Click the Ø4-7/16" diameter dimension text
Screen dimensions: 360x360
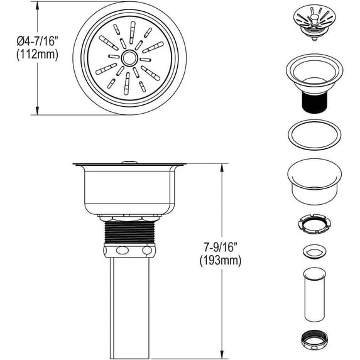pos(37,41)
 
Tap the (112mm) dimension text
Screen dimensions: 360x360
pos(37,55)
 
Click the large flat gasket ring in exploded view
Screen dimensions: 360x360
pos(314,134)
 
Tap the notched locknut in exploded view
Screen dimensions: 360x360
pos(314,224)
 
